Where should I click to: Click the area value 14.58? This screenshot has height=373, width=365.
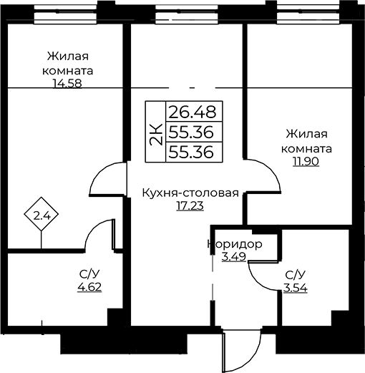pyautogui.click(x=67, y=84)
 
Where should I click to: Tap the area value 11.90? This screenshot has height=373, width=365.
pyautogui.click(x=306, y=162)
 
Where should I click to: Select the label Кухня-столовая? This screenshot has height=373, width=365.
pyautogui.click(x=190, y=193)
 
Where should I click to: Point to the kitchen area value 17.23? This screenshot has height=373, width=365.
pyautogui.click(x=190, y=206)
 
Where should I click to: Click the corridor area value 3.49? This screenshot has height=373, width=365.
pyautogui.click(x=234, y=257)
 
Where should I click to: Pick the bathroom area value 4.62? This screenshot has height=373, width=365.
pyautogui.click(x=89, y=287)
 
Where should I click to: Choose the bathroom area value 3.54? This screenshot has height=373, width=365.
pyautogui.click(x=296, y=288)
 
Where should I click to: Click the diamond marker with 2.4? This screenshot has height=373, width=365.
pyautogui.click(x=42, y=214)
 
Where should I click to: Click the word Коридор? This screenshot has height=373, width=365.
pyautogui.click(x=235, y=244)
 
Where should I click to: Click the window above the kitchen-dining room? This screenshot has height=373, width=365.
pyautogui.click(x=188, y=15)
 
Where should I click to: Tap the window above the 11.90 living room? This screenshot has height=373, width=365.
pyautogui.click(x=308, y=15)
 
